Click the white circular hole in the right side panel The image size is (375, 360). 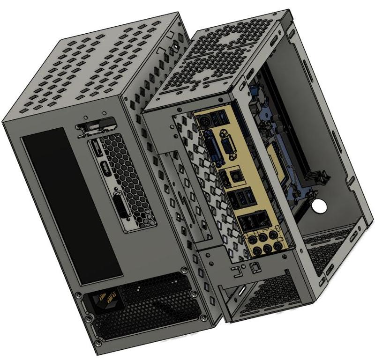click(320, 205)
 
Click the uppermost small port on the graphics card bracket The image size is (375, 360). click(98, 150)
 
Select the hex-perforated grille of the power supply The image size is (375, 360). click(150, 304)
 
